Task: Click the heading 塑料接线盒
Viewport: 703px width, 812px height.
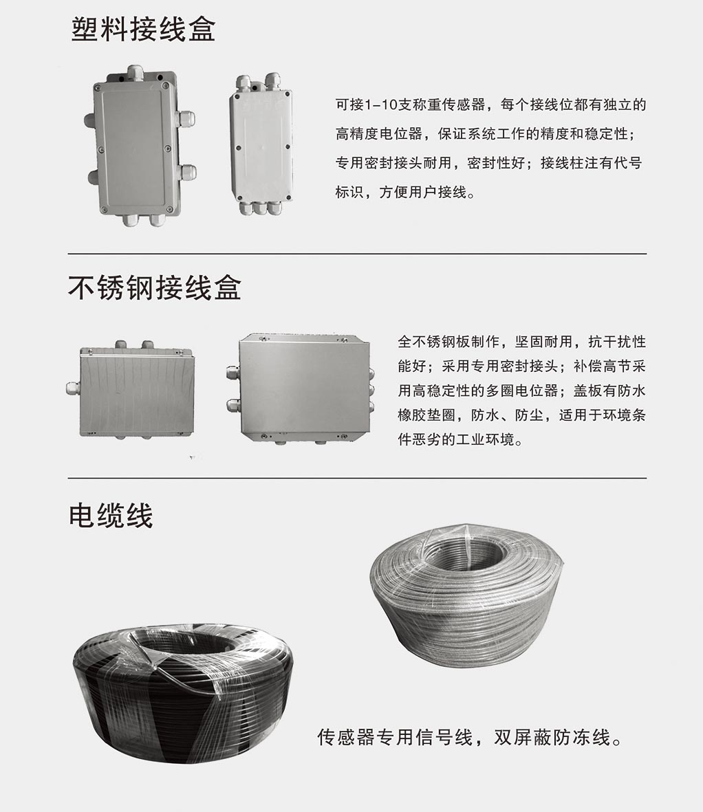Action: pyautogui.click(x=143, y=29)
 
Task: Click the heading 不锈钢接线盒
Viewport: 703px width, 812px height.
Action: pyautogui.click(x=155, y=287)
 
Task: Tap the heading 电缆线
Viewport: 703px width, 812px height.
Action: pyautogui.click(x=111, y=516)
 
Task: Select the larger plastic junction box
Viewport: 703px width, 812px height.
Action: pyautogui.click(x=140, y=146)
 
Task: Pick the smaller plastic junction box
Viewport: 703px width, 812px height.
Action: pyautogui.click(x=261, y=144)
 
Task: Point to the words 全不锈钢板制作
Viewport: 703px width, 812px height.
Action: pyautogui.click(x=448, y=342)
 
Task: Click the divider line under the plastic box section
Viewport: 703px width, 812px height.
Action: pyautogui.click(x=357, y=254)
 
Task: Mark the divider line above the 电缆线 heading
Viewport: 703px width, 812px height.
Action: pyautogui.click(x=357, y=478)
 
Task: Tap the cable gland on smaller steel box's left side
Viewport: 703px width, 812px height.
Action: pyautogui.click(x=73, y=389)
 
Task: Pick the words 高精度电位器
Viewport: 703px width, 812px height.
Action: pyautogui.click(x=379, y=134)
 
